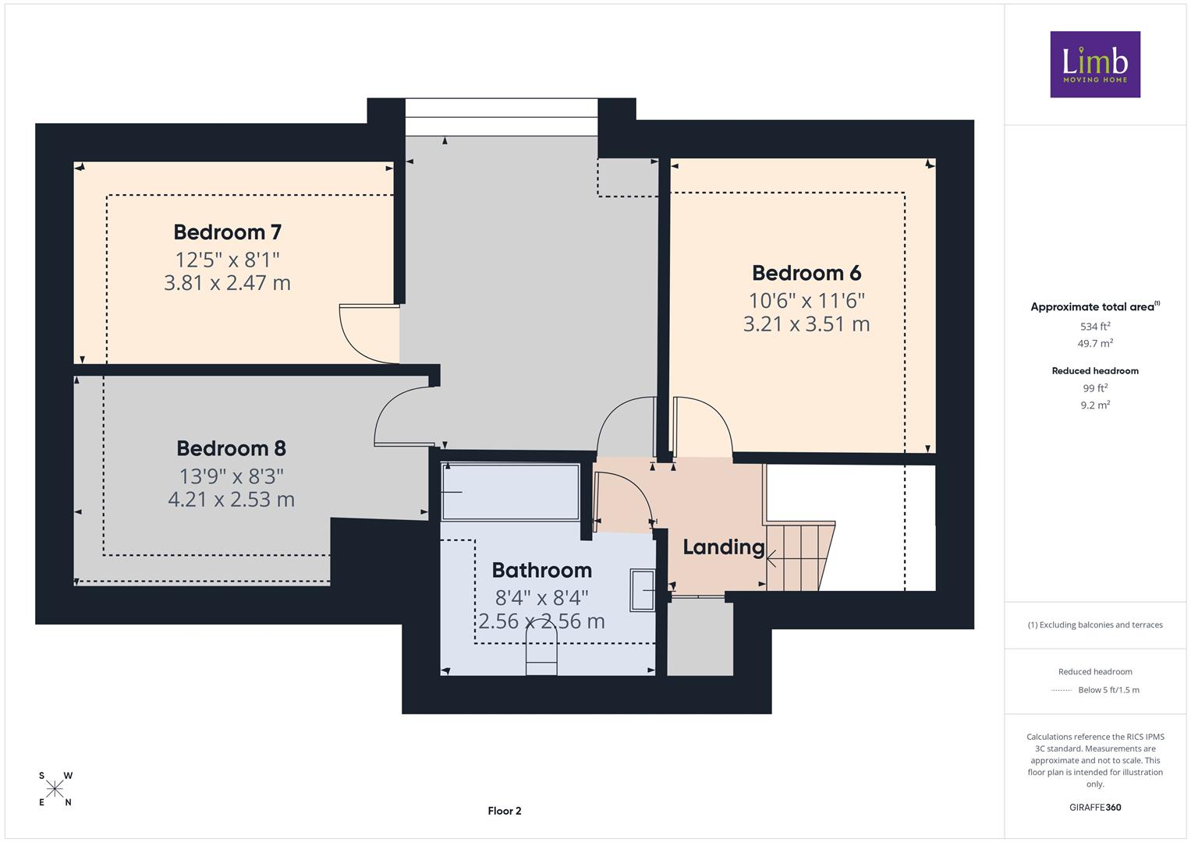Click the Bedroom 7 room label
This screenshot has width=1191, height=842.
[228, 232]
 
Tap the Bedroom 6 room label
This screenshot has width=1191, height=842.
[806, 273]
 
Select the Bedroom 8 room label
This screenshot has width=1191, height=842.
[232, 448]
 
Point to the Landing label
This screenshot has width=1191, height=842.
[724, 547]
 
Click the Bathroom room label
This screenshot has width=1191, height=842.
[542, 571]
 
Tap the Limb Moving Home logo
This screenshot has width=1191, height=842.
[1095, 64]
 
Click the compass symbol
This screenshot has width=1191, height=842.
[55, 789]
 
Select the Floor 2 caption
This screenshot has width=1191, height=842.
[505, 811]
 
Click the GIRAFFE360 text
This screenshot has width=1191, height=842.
[1095, 808]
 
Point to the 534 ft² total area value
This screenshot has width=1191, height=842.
[1095, 327]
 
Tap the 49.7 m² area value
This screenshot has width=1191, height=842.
[1095, 343]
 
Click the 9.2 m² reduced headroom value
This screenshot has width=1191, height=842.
[1095, 405]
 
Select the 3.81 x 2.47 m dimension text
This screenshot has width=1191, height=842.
[228, 283]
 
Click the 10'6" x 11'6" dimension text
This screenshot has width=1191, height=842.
[806, 301]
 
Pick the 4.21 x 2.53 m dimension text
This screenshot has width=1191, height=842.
[232, 500]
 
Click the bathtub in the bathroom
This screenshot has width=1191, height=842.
[510, 492]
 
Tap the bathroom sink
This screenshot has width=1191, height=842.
[642, 590]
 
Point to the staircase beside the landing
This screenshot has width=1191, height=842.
[799, 556]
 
